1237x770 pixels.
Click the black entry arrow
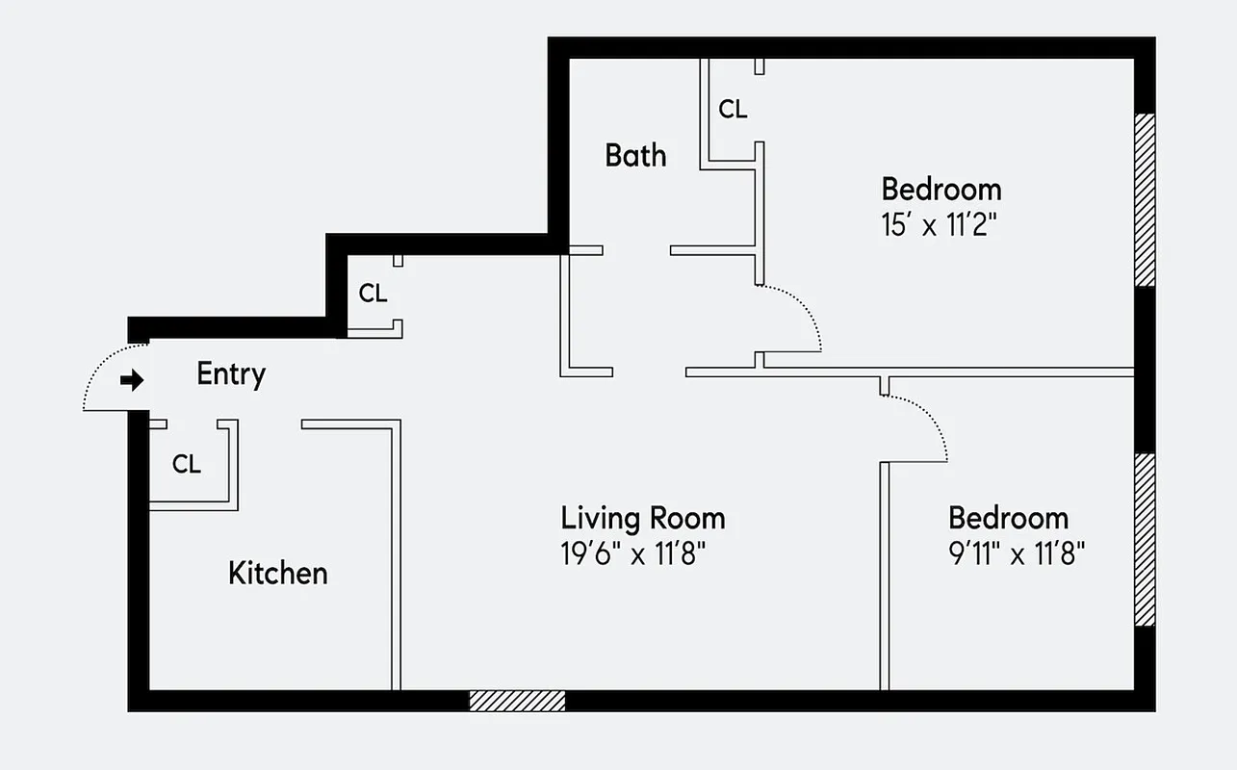coord(131,380)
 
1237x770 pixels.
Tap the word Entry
coord(231,373)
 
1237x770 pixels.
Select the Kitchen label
coord(277,573)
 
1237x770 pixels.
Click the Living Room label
coord(643,518)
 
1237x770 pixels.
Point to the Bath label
coord(635,155)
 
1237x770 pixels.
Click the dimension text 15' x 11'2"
coord(938,227)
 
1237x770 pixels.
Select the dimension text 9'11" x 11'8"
coord(1017,554)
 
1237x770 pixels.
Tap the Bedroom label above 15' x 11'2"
coord(941,189)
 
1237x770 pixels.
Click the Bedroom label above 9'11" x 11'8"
coord(1008,518)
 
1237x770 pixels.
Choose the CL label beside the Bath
coord(733,110)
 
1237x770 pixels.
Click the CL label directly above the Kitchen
coord(187,464)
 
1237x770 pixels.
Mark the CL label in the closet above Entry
coord(373,294)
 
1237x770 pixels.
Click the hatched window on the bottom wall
coord(517,701)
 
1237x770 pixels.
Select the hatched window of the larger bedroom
coord(1144,200)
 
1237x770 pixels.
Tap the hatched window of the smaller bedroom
coord(1144,539)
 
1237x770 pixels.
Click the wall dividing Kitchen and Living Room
coord(395,558)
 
